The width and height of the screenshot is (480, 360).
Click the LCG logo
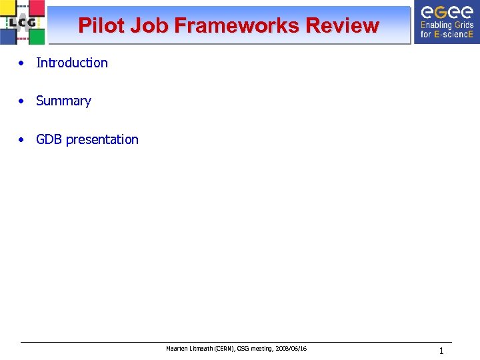tap(23, 22)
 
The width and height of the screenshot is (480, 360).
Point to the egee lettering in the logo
tap(447, 12)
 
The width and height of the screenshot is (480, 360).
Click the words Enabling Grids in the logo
tap(447, 26)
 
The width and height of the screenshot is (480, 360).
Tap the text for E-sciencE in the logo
tap(447, 35)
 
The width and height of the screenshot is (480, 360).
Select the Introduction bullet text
tap(71, 63)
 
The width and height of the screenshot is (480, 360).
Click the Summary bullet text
tap(63, 101)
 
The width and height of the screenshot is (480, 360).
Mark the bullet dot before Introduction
tap(22, 63)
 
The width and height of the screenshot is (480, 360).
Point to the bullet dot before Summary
tap(22, 101)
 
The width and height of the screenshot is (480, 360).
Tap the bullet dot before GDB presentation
tap(22, 140)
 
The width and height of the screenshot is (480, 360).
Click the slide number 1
tap(441, 351)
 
